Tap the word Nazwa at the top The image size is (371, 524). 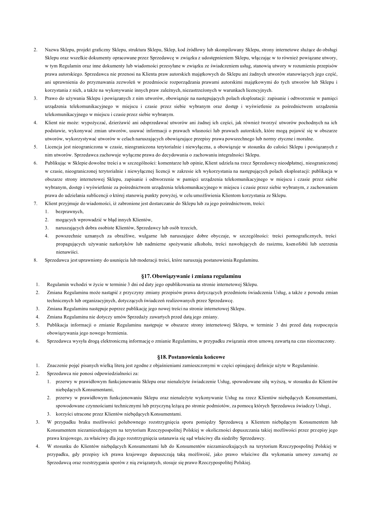pos(51,50)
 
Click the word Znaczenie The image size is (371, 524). pos(57,365)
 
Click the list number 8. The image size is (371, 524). pos(35,260)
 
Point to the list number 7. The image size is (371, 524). pos(35,204)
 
